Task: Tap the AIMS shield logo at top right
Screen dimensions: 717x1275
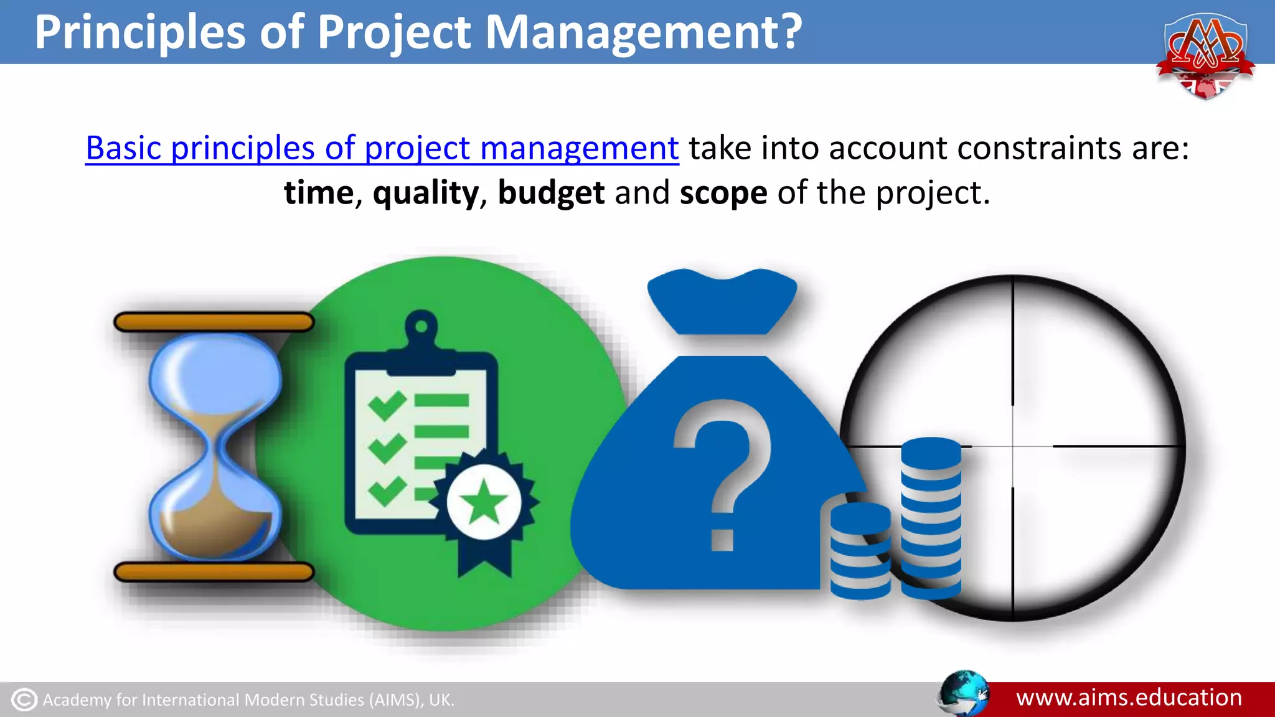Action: click(1205, 56)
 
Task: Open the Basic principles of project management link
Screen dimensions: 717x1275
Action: click(382, 148)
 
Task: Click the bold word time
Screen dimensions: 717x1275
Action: click(319, 193)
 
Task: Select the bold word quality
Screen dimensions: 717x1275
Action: click(426, 193)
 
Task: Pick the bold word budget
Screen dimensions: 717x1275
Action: click(551, 193)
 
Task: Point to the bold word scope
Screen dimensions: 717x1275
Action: click(723, 193)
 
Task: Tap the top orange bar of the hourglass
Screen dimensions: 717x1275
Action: click(214, 322)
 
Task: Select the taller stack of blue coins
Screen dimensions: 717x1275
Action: click(931, 517)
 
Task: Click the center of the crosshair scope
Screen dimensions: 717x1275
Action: click(1013, 446)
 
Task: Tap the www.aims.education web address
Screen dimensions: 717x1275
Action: click(1129, 698)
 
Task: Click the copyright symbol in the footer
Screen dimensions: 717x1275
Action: click(24, 700)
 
